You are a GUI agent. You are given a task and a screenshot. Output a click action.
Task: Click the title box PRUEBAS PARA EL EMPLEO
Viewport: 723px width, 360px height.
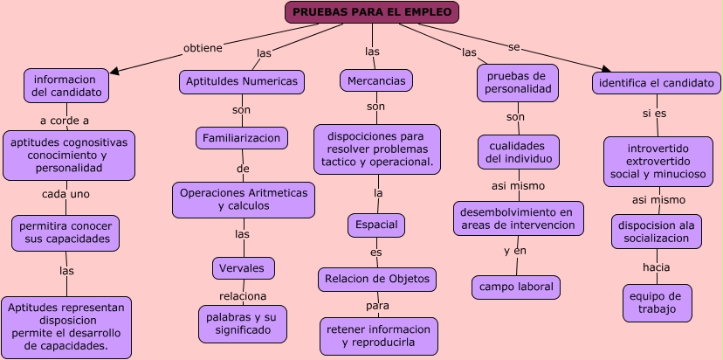(372, 12)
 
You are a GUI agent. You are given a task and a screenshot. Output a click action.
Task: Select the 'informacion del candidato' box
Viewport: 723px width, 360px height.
(66, 84)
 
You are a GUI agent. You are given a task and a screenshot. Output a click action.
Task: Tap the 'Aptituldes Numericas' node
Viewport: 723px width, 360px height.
(242, 81)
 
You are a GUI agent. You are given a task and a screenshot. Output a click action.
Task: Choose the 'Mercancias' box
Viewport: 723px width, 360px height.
(375, 80)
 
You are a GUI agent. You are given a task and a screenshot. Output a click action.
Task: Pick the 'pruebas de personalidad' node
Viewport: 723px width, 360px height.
(518, 83)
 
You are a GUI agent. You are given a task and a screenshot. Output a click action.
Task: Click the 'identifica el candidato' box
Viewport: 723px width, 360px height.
(657, 84)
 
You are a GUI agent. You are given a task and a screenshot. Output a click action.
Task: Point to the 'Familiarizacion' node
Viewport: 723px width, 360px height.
(242, 138)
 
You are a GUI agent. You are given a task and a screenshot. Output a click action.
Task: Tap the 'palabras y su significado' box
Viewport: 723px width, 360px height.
(242, 323)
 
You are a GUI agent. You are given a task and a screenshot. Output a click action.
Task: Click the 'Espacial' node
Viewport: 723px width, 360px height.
(376, 225)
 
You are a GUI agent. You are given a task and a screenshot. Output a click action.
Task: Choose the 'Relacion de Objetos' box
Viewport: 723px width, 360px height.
(376, 280)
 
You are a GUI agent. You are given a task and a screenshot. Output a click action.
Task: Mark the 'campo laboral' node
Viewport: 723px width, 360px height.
(516, 287)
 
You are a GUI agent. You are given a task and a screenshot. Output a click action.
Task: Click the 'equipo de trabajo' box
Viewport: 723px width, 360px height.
(657, 302)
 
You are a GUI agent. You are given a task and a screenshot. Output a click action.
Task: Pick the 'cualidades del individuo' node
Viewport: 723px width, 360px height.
(518, 152)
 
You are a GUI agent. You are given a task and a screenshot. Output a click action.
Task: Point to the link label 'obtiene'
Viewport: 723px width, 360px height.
(203, 46)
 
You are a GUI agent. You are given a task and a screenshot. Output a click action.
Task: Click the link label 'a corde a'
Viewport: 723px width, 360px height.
(65, 121)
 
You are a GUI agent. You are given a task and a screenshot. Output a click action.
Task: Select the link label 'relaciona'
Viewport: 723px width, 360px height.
(243, 296)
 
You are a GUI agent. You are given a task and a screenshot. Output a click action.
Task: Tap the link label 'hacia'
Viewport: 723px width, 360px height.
(656, 267)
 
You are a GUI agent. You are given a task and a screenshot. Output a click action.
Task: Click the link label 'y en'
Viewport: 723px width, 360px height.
(515, 251)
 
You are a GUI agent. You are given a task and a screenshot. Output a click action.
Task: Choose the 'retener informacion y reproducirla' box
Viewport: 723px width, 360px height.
(378, 336)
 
